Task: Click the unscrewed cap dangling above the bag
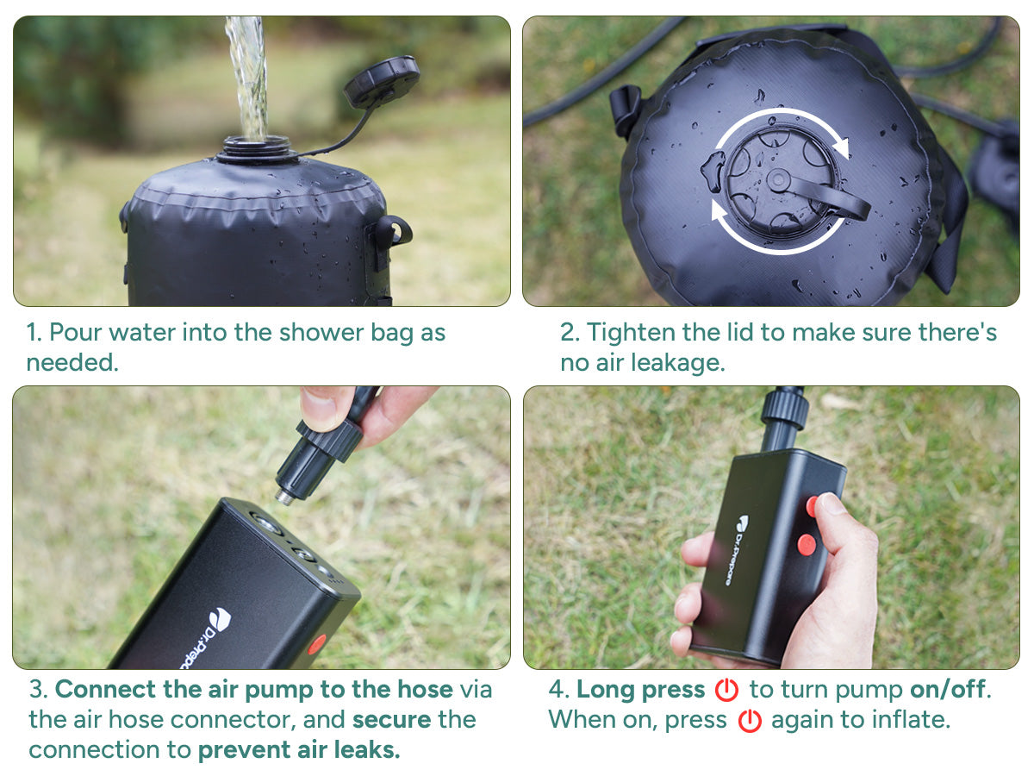click(382, 82)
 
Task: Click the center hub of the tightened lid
click(778, 180)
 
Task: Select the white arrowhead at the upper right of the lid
click(841, 147)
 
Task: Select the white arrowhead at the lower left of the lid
click(719, 210)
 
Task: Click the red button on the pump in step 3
click(317, 643)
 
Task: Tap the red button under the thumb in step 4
click(813, 506)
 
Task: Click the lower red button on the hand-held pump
click(807, 544)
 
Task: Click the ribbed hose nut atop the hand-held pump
click(784, 409)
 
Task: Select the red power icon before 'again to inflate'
click(749, 721)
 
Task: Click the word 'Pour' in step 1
click(75, 332)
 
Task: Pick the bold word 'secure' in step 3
click(391, 719)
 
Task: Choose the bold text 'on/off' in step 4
click(948, 689)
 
